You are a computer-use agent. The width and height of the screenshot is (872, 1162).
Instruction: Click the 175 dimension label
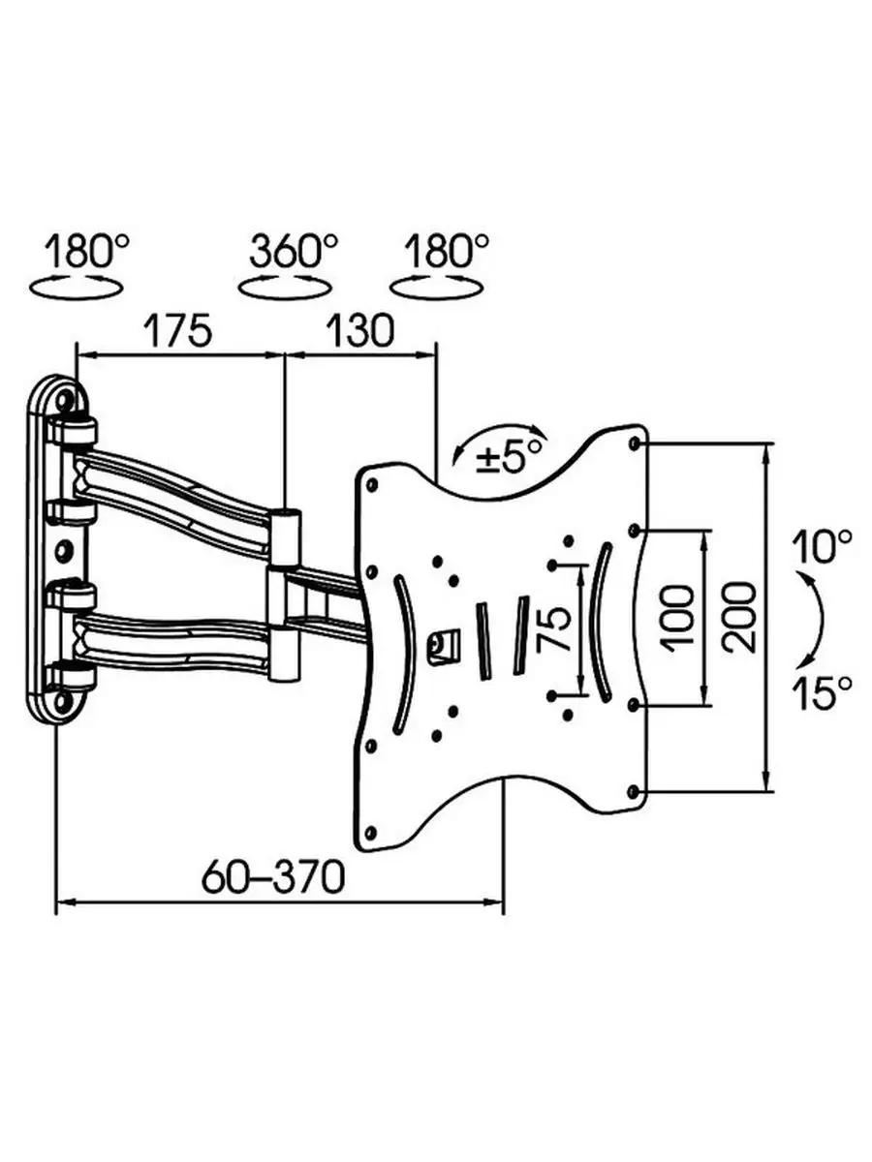point(178,330)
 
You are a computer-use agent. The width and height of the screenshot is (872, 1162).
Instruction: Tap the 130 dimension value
point(360,330)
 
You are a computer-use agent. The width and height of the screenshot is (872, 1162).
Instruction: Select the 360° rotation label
point(294,252)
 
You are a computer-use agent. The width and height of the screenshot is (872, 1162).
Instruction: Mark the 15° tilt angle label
point(823,692)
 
